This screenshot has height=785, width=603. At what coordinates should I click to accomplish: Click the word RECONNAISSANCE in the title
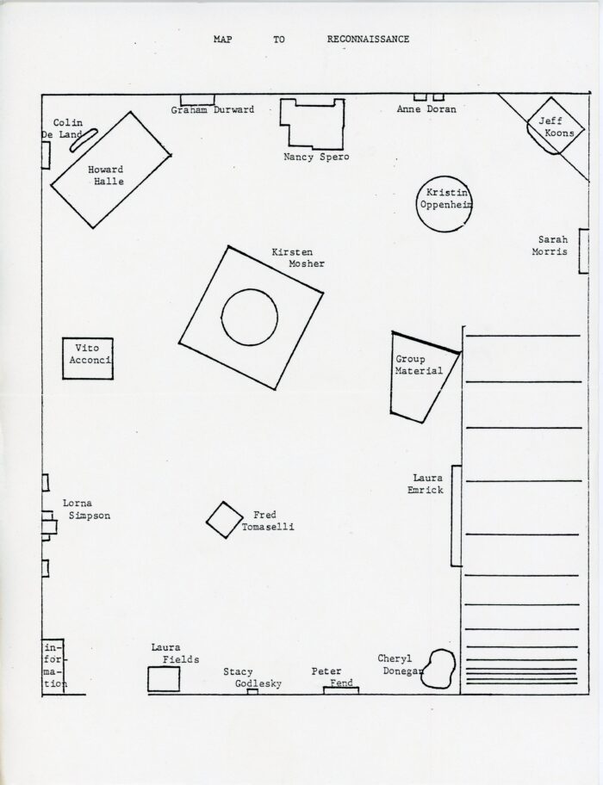(368, 40)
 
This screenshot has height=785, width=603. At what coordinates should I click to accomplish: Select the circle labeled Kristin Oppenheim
(444, 206)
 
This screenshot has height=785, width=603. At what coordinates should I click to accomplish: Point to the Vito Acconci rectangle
(90, 358)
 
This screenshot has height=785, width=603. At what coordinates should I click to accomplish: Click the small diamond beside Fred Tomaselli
(225, 519)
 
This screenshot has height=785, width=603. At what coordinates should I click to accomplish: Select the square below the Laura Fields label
(163, 678)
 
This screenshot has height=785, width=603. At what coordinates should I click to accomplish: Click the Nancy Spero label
(316, 158)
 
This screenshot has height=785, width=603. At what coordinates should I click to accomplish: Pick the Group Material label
(418, 365)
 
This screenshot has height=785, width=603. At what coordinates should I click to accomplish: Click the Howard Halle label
(106, 176)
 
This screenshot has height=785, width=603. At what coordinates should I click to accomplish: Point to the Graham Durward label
(212, 110)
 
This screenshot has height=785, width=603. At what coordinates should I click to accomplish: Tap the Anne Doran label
(426, 110)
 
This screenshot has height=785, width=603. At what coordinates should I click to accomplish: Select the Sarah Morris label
(553, 245)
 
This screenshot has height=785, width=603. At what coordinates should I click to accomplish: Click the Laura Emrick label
(427, 483)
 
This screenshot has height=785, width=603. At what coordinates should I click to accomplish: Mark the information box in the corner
(53, 665)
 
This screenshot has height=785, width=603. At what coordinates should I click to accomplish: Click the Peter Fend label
(333, 677)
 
